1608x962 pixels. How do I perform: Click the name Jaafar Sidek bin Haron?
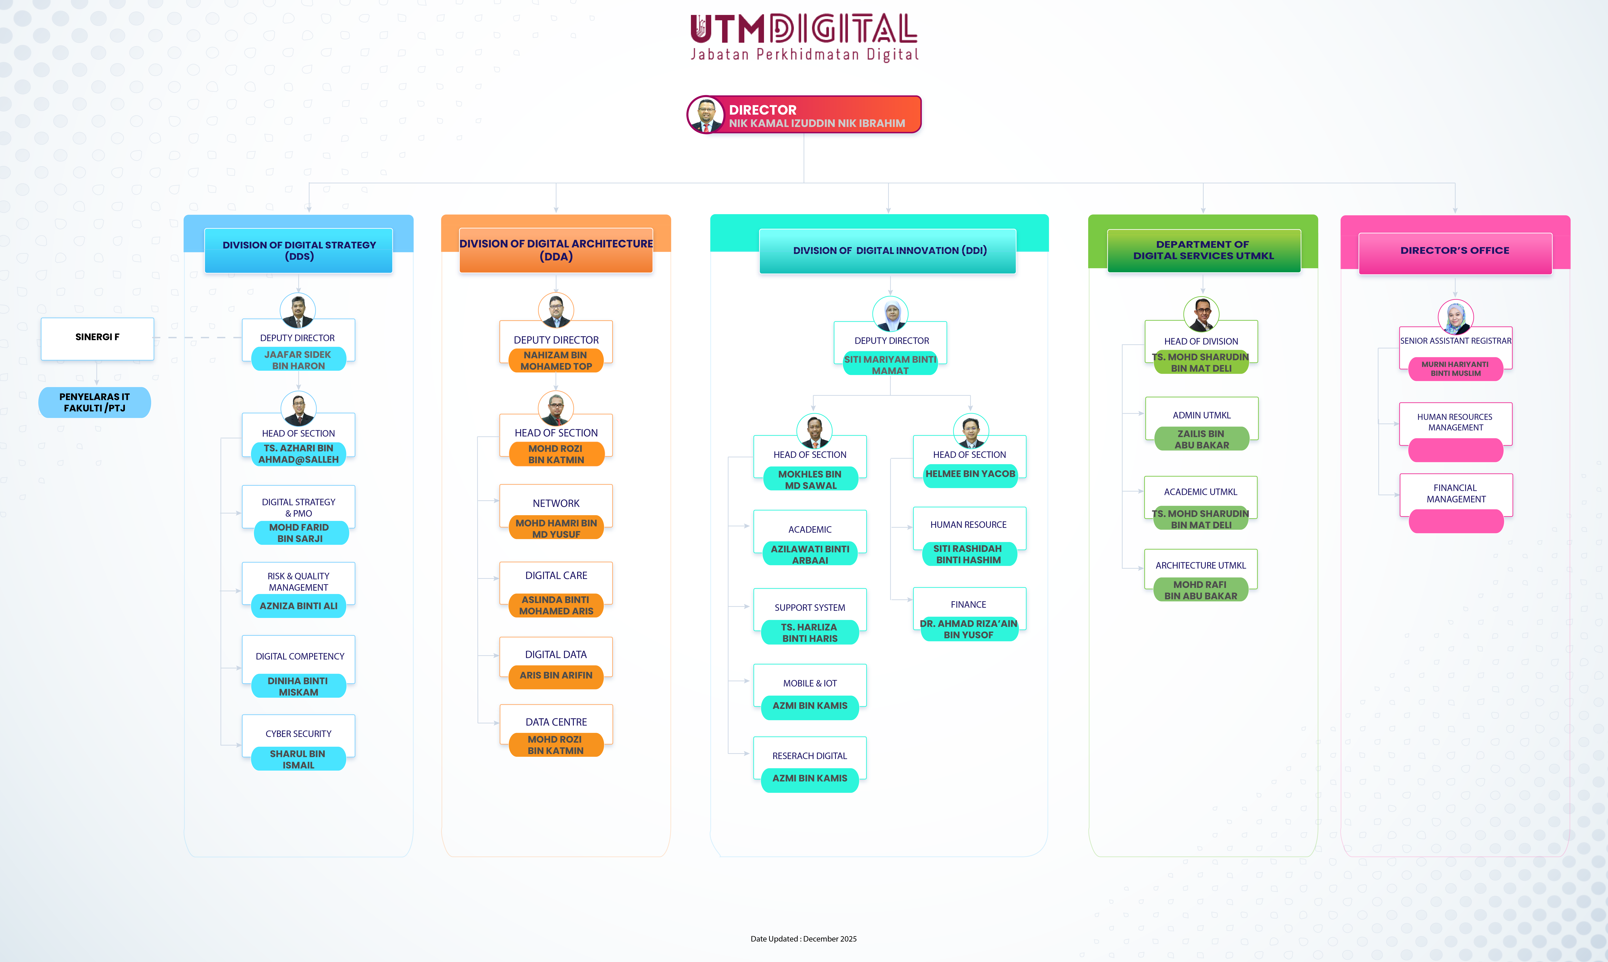coord(298,360)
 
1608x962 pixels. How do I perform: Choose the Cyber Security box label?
coord(298,733)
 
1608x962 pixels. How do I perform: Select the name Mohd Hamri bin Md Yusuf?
coord(556,528)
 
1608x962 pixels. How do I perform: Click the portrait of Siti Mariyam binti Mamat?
coord(890,314)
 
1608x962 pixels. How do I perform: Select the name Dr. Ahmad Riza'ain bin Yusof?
coord(968,629)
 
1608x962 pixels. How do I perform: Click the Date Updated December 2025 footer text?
coord(804,939)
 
